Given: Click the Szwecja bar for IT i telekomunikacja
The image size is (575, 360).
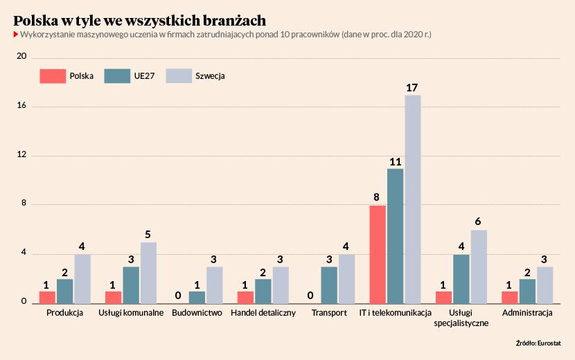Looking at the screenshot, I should [x=413, y=199].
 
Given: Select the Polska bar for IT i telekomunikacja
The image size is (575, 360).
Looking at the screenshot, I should [x=378, y=255].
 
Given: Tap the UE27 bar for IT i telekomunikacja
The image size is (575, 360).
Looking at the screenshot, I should [x=395, y=236].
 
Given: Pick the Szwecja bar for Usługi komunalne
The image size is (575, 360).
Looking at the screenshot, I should [x=149, y=273].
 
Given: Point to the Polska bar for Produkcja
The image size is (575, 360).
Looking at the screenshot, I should [x=47, y=297].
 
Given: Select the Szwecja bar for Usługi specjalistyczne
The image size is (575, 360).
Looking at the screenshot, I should [x=479, y=267].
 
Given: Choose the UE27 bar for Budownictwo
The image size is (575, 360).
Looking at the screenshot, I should [x=197, y=297].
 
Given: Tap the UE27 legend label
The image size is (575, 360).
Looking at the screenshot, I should [x=144, y=76].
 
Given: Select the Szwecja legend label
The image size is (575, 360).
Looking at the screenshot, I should [x=210, y=76].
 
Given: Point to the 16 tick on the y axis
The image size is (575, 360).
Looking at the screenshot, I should [x=21, y=106].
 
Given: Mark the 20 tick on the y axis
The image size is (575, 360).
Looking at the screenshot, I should [x=21, y=57].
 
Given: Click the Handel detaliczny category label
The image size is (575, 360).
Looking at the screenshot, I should [x=263, y=313].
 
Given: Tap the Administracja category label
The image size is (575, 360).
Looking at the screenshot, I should [x=527, y=313].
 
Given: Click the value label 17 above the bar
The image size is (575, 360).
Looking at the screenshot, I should [x=412, y=87].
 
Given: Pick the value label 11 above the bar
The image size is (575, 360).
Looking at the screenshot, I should [x=395, y=162].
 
